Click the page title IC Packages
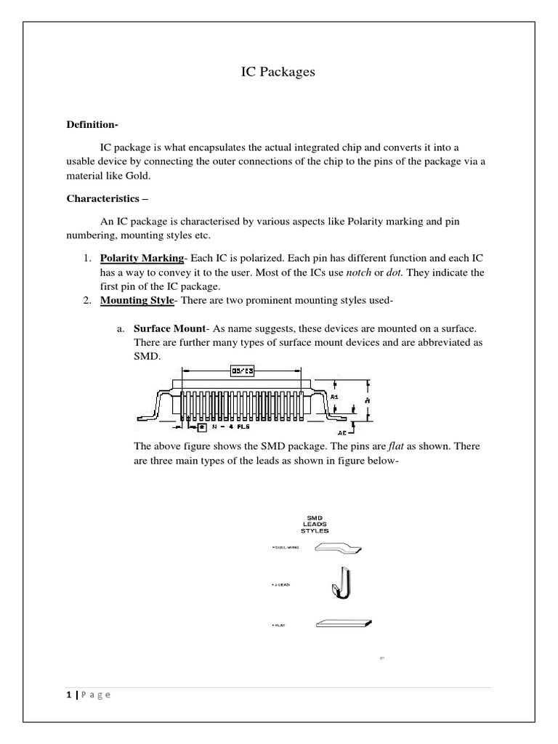click(278, 73)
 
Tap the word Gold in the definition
click(134, 177)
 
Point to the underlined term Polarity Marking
click(141, 259)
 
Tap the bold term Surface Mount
click(169, 329)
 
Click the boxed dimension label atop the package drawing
click(242, 371)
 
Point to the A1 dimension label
click(334, 397)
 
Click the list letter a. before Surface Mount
click(121, 329)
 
